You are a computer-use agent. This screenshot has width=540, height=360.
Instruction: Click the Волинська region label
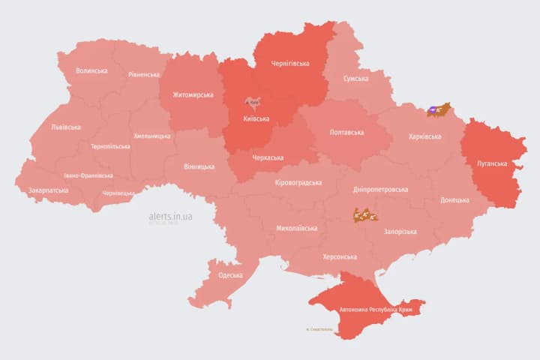91,71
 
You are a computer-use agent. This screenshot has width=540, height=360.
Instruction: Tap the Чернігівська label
289,64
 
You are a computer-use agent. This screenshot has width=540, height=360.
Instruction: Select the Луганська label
492,163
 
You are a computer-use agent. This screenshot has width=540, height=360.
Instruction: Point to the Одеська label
230,275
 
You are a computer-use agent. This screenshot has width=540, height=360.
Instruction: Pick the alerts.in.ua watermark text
170,216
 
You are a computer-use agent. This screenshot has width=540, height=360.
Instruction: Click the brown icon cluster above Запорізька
364,215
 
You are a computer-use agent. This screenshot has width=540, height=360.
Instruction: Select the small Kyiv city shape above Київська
253,101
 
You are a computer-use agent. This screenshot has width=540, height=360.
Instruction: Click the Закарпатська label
48,190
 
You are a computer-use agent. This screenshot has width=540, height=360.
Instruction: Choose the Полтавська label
346,133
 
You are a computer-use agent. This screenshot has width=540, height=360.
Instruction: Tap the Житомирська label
193,95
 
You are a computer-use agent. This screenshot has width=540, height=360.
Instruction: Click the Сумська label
355,79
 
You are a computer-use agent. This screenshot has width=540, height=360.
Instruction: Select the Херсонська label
339,256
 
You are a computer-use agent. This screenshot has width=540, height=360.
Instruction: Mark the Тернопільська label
110,147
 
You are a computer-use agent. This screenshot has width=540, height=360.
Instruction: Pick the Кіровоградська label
298,183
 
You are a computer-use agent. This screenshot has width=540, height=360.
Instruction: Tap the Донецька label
454,200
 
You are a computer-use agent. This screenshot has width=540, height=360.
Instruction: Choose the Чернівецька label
118,193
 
